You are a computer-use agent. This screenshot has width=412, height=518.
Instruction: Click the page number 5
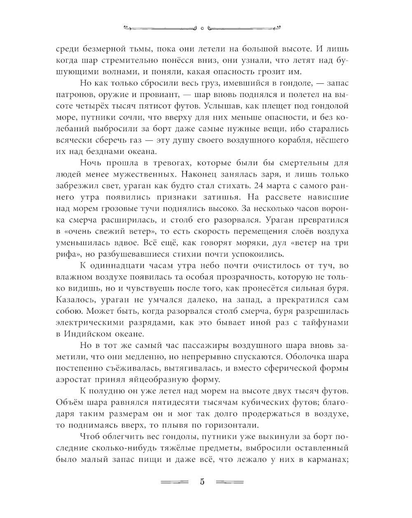(x=202, y=482)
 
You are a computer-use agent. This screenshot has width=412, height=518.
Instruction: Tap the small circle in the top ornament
(x=202, y=28)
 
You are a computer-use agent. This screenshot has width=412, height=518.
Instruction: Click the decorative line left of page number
(x=174, y=482)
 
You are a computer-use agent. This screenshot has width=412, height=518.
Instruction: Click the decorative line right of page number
(x=230, y=482)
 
